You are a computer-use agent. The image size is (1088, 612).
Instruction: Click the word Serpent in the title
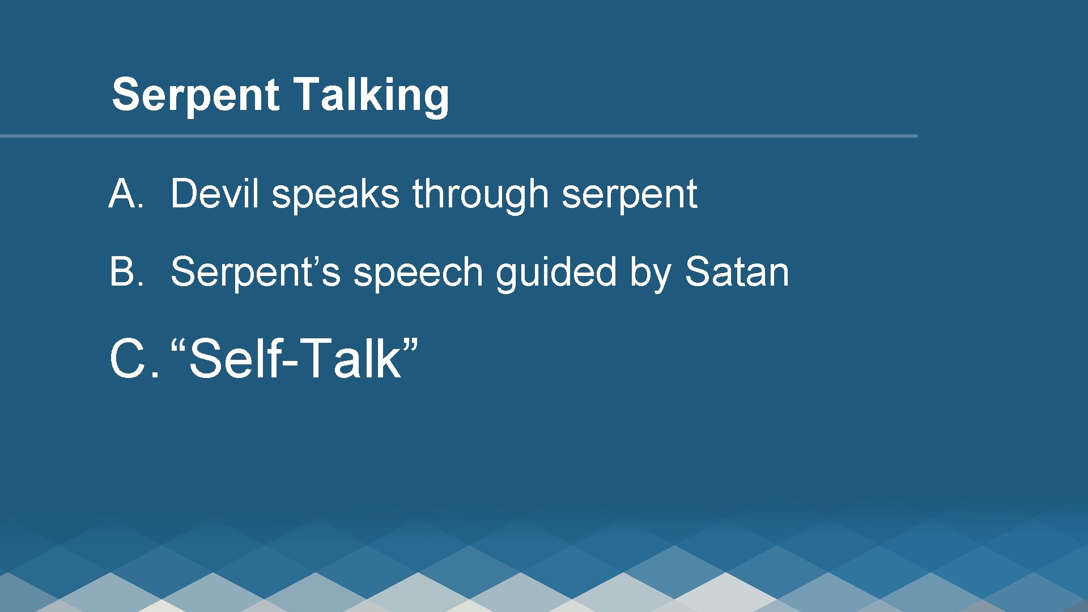coord(195,95)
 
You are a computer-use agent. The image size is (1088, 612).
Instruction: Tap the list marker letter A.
coord(125,194)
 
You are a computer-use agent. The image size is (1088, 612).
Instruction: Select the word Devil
coord(214,194)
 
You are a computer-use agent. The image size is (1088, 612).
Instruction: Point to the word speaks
coord(335,194)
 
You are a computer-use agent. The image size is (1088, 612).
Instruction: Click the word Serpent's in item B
coord(255,272)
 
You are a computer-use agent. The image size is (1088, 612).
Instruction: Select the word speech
coord(418,273)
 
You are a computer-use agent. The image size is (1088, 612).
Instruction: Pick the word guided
coord(555,273)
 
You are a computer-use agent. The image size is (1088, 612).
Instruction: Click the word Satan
coord(737,272)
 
